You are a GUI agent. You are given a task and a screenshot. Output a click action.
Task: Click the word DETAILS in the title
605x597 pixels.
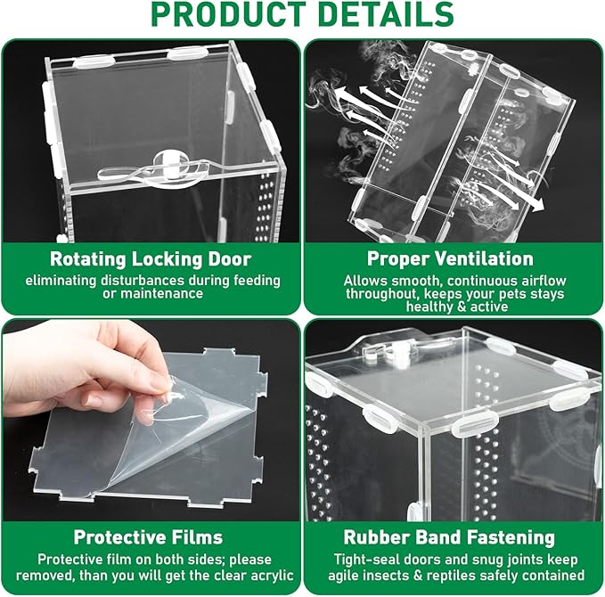pyautogui.click(x=387, y=14)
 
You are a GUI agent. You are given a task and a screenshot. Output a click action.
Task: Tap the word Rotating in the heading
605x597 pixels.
pyautogui.click(x=89, y=259)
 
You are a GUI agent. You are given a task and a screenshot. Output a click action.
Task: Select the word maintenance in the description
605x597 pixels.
pyautogui.click(x=161, y=293)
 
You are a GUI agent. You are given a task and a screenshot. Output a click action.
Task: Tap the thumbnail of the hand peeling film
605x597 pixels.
pyautogui.click(x=151, y=420)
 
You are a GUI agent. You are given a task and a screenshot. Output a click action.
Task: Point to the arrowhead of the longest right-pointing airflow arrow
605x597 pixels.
pyautogui.click(x=537, y=205)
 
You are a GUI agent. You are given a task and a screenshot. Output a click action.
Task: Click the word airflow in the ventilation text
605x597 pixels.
pyautogui.click(x=544, y=281)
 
